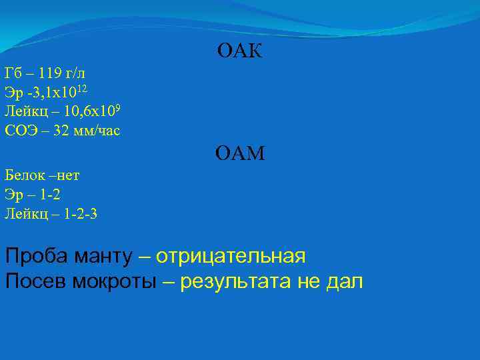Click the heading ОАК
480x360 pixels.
click(x=239, y=51)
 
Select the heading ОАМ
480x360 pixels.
click(x=240, y=155)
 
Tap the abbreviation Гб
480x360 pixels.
click(x=13, y=73)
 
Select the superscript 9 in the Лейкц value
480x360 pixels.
click(x=116, y=107)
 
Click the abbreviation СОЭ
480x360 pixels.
click(x=19, y=131)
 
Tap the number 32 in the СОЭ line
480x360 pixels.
click(x=61, y=131)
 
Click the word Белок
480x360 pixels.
click(x=23, y=176)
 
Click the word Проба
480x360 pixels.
click(x=31, y=256)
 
